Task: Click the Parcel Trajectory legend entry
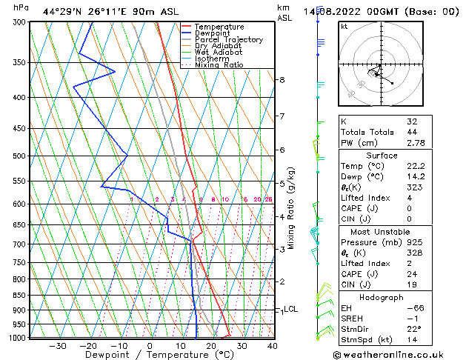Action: (x=228, y=39)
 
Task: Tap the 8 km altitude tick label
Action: (x=282, y=80)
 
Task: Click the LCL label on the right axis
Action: (x=290, y=309)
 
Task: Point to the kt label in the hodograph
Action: (x=344, y=27)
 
